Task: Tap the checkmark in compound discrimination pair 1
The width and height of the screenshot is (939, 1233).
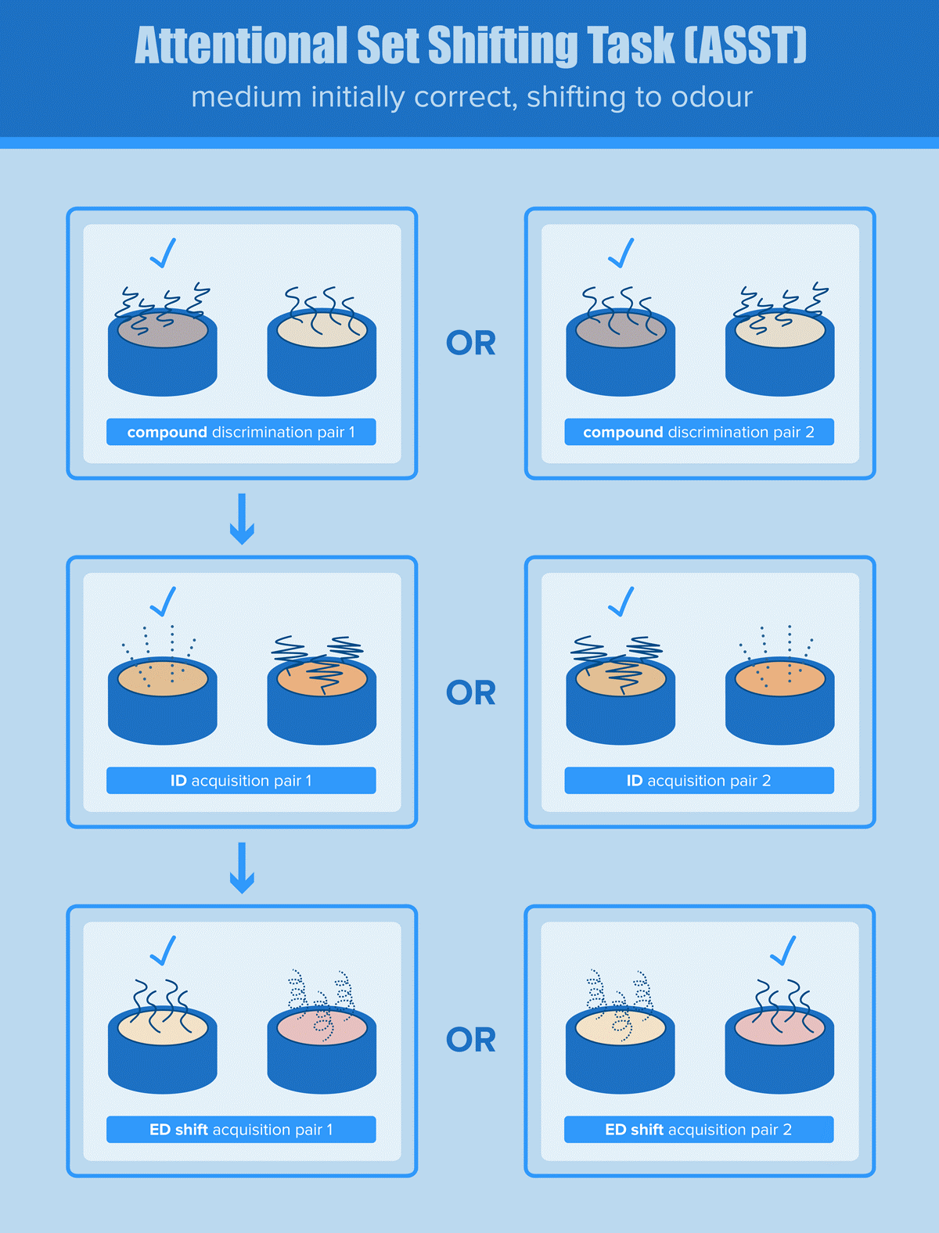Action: [163, 253]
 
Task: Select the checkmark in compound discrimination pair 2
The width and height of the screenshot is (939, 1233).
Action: [621, 253]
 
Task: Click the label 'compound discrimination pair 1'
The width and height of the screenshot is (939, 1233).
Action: [241, 432]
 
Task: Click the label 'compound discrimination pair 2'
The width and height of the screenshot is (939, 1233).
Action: [699, 432]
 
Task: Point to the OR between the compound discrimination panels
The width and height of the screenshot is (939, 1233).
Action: [470, 343]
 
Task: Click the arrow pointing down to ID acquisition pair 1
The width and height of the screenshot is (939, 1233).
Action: [242, 518]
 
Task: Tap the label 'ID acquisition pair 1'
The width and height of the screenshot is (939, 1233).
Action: [241, 781]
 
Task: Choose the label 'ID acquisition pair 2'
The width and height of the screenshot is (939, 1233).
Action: [699, 781]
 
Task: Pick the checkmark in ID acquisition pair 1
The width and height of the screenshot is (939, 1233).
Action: [163, 602]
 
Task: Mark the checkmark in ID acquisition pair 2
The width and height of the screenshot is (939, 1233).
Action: [621, 602]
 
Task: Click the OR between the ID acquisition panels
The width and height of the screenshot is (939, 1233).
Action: [470, 692]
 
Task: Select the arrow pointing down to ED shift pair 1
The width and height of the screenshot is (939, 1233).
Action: [242, 867]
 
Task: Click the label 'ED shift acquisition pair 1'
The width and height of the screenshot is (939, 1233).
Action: [241, 1130]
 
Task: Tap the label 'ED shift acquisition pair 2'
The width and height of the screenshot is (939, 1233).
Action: [699, 1130]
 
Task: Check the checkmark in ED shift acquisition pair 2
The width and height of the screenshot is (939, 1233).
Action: [783, 951]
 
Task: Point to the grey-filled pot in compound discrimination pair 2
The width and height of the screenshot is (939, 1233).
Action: [621, 352]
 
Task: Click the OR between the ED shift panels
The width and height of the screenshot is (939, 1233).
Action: [470, 1040]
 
